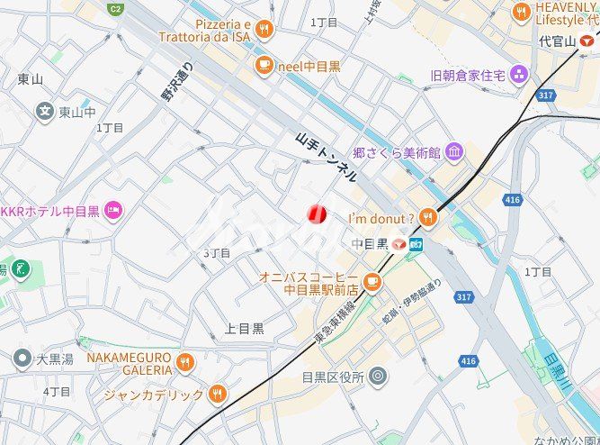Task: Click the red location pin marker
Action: [316, 214]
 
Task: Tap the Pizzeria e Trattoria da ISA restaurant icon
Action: [264, 30]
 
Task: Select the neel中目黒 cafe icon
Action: [264, 64]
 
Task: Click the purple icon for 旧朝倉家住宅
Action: [519, 75]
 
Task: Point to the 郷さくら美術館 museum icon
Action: [454, 150]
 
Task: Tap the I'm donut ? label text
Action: [381, 217]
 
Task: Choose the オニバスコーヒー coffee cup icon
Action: [372, 283]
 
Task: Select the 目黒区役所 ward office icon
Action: [378, 376]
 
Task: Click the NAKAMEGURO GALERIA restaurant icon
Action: [184, 362]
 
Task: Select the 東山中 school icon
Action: [45, 112]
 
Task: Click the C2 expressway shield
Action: [115, 9]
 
